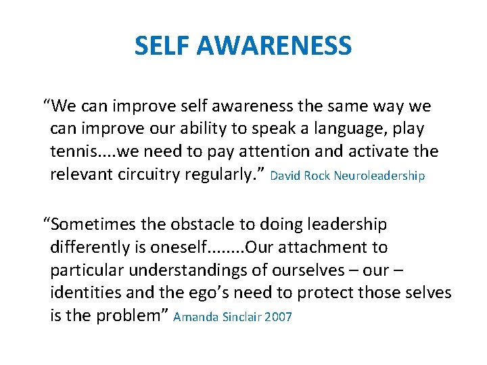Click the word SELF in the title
click(161, 46)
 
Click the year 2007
click(279, 317)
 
